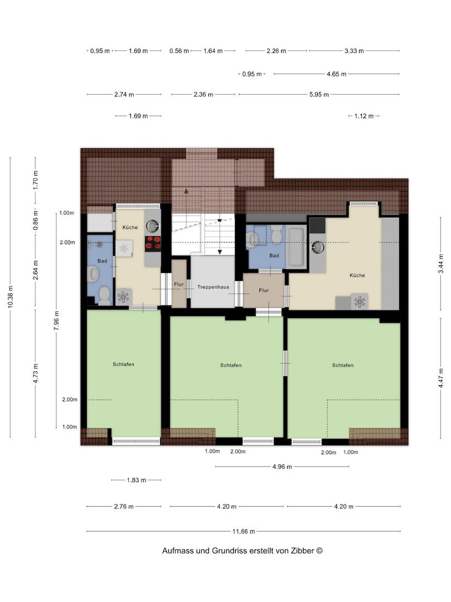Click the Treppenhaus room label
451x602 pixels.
(x=213, y=287)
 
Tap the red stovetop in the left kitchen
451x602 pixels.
(x=153, y=244)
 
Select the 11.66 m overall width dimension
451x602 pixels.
(x=243, y=531)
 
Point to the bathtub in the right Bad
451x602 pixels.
(x=296, y=247)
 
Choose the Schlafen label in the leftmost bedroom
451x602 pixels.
(x=124, y=365)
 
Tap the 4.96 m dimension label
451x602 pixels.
(x=282, y=467)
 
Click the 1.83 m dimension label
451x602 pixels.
(x=136, y=480)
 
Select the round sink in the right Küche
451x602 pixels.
(x=317, y=247)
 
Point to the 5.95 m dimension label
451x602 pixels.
(x=319, y=94)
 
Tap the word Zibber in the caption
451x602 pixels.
(x=302, y=551)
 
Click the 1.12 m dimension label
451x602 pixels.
(x=364, y=116)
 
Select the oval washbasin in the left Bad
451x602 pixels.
(x=93, y=274)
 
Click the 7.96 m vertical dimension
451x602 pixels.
(x=56, y=320)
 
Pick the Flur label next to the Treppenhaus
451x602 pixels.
(x=179, y=284)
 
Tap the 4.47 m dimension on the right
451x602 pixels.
(x=441, y=378)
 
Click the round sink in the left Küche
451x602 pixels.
(x=153, y=226)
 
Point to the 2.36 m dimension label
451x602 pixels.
(x=203, y=94)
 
